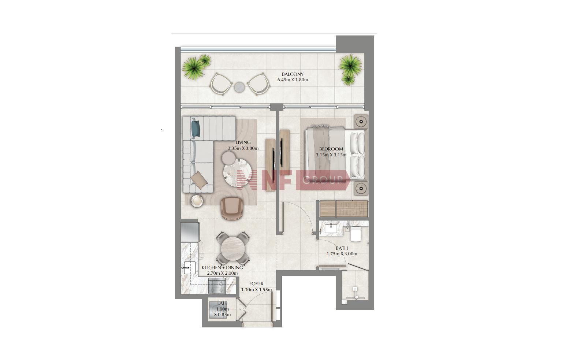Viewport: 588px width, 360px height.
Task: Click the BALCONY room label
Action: [x=293, y=74]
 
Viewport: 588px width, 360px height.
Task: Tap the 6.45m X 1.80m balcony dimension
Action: [x=293, y=80]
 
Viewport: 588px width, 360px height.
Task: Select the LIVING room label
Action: [x=243, y=142]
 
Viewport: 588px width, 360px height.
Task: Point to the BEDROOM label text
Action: [x=331, y=149]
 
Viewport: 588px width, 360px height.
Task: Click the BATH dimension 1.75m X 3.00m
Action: [x=342, y=254]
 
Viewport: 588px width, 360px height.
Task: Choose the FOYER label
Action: [x=256, y=284]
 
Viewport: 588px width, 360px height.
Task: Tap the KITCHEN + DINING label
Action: [x=222, y=268]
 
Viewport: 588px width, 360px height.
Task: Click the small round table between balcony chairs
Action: [x=239, y=87]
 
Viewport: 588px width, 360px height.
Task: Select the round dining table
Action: [x=233, y=249]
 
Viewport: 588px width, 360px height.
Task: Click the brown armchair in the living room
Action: [x=232, y=208]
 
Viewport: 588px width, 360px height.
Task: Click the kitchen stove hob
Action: [x=217, y=286]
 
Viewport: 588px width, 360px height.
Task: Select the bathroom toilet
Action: [x=356, y=234]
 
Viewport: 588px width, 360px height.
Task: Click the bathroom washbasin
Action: [x=331, y=229]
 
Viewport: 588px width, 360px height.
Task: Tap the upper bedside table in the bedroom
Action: [x=361, y=122]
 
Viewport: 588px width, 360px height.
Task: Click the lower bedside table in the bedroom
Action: [x=361, y=188]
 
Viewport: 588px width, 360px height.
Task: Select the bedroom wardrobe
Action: [x=344, y=209]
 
